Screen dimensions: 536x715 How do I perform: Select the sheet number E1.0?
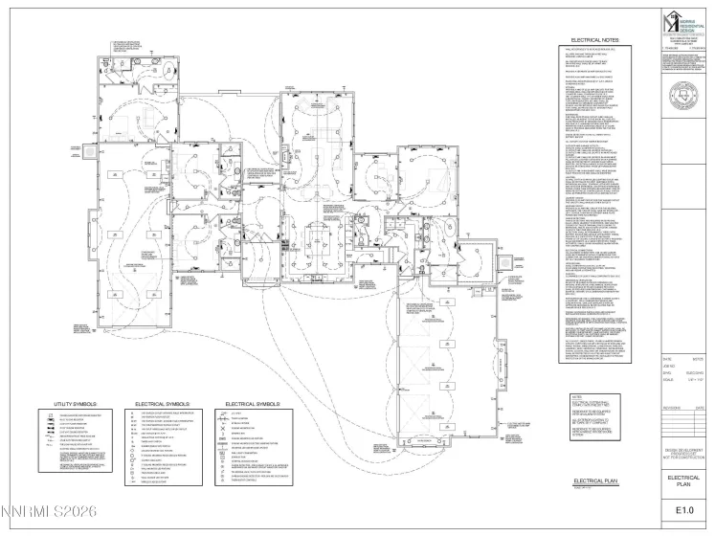(x=687, y=511)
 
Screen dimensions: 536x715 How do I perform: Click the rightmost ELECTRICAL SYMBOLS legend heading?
(x=251, y=404)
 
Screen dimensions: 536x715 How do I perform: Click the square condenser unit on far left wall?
(x=89, y=150)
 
